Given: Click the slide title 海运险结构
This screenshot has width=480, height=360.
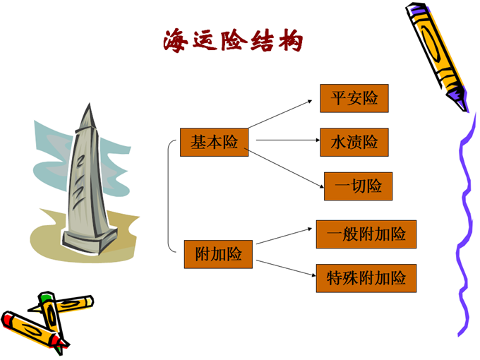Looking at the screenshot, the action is [x=233, y=41].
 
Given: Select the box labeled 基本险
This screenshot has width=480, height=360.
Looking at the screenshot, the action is [x=214, y=143].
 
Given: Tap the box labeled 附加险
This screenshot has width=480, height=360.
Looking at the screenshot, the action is [x=218, y=254].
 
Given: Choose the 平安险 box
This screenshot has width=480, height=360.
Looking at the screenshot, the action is [x=354, y=98].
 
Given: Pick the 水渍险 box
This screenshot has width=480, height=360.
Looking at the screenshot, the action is [x=354, y=143].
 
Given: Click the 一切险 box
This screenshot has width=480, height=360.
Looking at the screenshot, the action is [x=358, y=186].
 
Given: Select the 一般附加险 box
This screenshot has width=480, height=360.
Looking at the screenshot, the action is [x=366, y=234].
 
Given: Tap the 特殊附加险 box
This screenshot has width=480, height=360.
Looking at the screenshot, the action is [x=366, y=278].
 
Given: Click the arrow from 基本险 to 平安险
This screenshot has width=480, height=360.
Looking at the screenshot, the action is [x=280, y=114].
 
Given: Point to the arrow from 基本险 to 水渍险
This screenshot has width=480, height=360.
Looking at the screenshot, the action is [x=288, y=140].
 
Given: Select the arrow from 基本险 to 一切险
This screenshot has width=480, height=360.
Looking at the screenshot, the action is [x=284, y=168].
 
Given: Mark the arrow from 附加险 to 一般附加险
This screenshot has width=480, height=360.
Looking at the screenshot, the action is [x=284, y=236].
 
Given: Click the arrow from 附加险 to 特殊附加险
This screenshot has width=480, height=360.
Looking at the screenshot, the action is [x=286, y=268].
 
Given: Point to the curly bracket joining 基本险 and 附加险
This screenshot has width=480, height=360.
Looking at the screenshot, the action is [x=168, y=196].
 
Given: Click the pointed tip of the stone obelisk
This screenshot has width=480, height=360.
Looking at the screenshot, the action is [x=90, y=104].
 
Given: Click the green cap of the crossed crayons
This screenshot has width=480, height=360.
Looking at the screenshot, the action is [x=45, y=296].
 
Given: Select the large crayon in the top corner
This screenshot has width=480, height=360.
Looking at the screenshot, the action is [x=436, y=56].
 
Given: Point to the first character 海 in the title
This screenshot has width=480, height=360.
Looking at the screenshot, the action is [x=175, y=41].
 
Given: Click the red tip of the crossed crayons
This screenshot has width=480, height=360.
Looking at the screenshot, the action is [x=59, y=344].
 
